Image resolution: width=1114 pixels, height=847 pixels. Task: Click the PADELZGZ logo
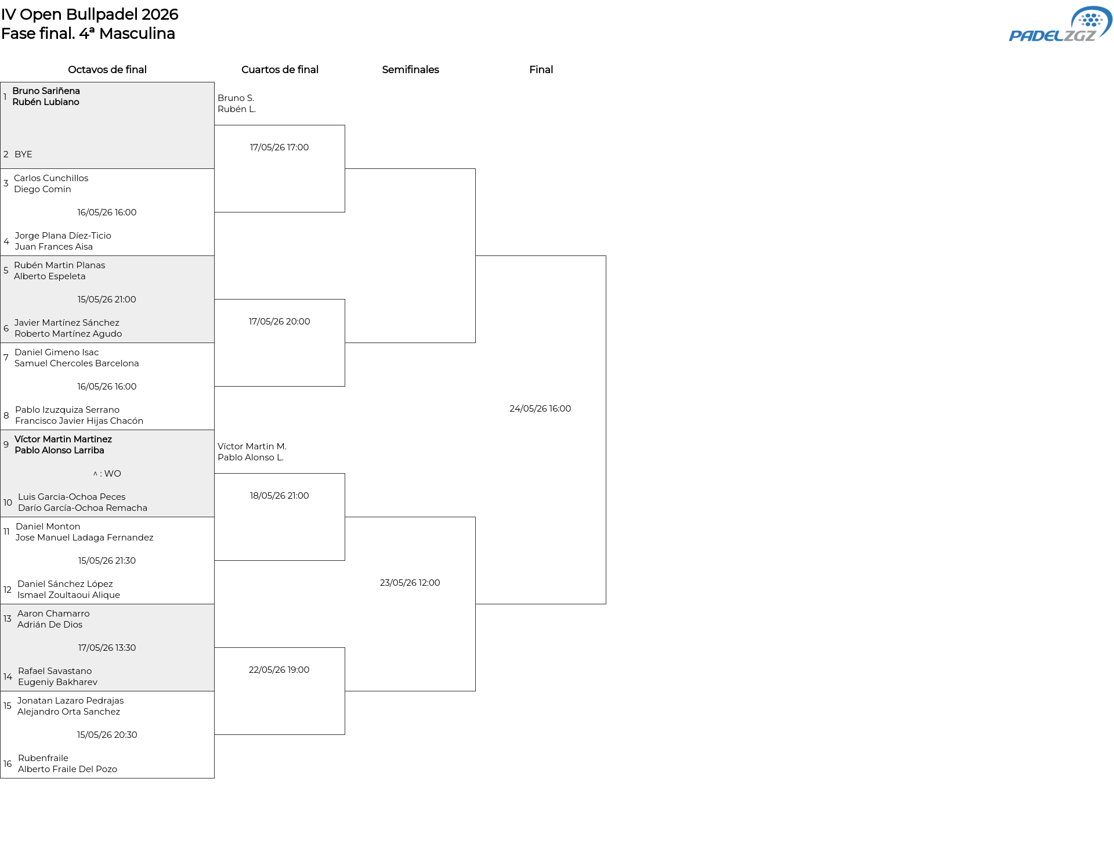(x=1060, y=24)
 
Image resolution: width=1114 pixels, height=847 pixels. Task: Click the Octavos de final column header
(x=107, y=70)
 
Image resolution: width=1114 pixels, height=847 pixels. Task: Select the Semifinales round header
(x=410, y=70)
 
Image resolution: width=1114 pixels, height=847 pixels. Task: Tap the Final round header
(x=541, y=70)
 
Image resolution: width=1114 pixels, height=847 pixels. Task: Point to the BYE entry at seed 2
(x=23, y=154)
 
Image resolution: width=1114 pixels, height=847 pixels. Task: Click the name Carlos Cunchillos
(x=51, y=178)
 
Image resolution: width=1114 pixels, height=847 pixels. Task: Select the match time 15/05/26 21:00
(x=107, y=300)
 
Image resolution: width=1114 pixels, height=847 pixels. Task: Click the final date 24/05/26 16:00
(x=540, y=409)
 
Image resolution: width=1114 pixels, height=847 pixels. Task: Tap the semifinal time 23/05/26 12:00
(x=410, y=583)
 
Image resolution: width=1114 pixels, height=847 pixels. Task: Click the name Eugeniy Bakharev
(x=57, y=682)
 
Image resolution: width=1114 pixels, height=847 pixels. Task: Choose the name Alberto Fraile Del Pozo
(x=67, y=769)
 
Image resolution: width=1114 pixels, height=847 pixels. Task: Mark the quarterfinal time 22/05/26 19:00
(x=279, y=670)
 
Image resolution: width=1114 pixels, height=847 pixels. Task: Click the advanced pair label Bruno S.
(x=236, y=98)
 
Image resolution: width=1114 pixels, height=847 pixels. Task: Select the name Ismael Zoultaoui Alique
(x=68, y=595)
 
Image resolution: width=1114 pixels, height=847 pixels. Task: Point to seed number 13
(x=7, y=619)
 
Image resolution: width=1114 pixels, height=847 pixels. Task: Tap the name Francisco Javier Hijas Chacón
(x=79, y=421)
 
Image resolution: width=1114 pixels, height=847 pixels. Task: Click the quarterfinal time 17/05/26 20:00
(x=279, y=322)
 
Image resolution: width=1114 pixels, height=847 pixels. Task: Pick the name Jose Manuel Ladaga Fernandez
(x=84, y=538)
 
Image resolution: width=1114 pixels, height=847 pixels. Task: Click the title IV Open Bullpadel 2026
(x=90, y=15)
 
